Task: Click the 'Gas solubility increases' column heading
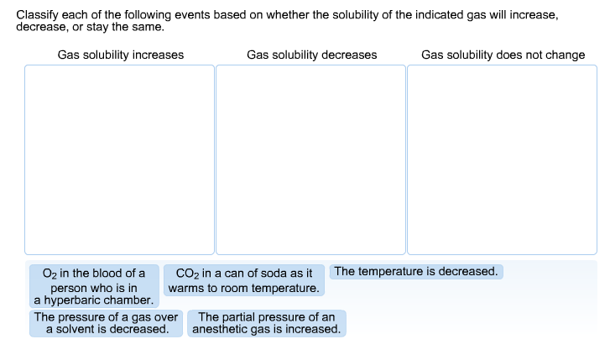pyautogui.click(x=120, y=55)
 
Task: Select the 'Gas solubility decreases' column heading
pyautogui.click(x=311, y=55)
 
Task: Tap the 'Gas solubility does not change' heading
pyautogui.click(x=503, y=55)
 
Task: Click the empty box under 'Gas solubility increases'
pyautogui.click(x=119, y=159)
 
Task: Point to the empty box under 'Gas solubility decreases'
pyautogui.click(x=310, y=159)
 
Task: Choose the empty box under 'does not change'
pyautogui.click(x=502, y=159)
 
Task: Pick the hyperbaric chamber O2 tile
pyautogui.click(x=94, y=286)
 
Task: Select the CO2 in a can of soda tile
pyautogui.click(x=243, y=280)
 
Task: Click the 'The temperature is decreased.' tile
pyautogui.click(x=416, y=272)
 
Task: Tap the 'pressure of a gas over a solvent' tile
pyautogui.click(x=107, y=323)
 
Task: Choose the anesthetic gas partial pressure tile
pyautogui.click(x=266, y=323)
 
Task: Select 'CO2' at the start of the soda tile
pyautogui.click(x=185, y=274)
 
